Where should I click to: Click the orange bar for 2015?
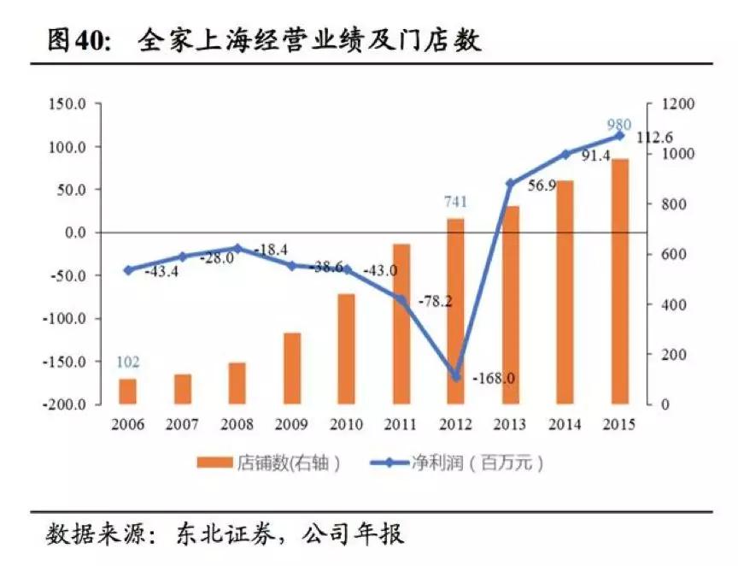pyautogui.click(x=620, y=281)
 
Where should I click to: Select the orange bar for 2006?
pyautogui.click(x=127, y=391)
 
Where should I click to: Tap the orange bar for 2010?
pyautogui.click(x=346, y=349)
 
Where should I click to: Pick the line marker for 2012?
pyautogui.click(x=455, y=376)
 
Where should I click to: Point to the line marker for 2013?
pyautogui.click(x=510, y=183)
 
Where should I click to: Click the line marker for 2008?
pyautogui.click(x=237, y=248)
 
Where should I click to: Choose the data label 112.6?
pyautogui.click(x=656, y=138)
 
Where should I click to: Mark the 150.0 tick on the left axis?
pyautogui.click(x=68, y=104)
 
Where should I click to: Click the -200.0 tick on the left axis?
pyautogui.click(x=66, y=404)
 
